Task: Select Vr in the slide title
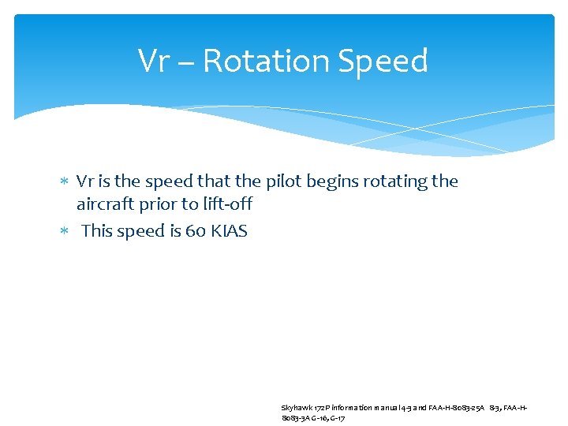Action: (155, 61)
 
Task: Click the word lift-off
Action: (227, 204)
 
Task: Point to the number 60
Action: (196, 231)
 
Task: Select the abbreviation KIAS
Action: (230, 231)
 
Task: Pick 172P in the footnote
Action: (320, 408)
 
